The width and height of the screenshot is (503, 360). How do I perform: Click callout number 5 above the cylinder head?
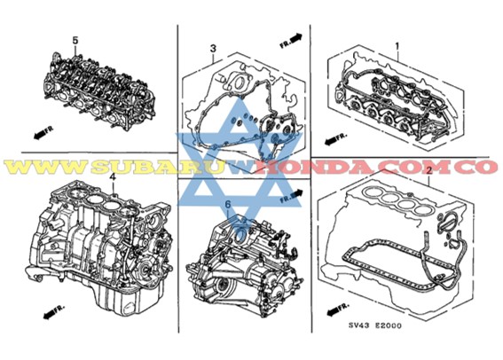(x=75, y=41)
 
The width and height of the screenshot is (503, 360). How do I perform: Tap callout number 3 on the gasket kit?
(x=213, y=47)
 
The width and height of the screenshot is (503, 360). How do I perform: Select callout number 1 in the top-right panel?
(x=397, y=43)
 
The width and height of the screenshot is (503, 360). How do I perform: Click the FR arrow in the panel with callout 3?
(x=290, y=39)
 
